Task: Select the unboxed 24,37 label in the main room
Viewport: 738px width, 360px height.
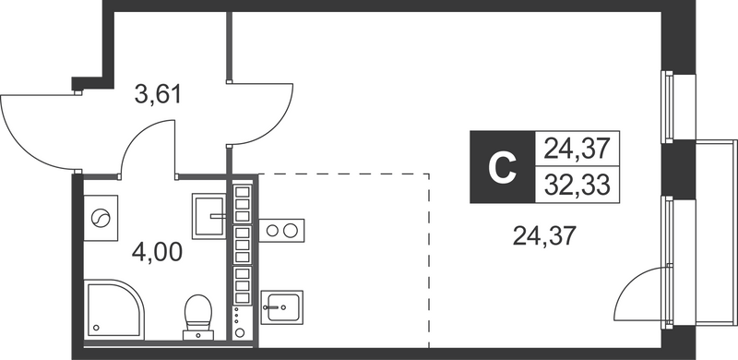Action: [x=544, y=237]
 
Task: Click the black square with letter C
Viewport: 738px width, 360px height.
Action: [x=501, y=166]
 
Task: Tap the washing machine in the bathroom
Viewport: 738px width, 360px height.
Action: [x=101, y=219]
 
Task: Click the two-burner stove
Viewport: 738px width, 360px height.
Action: [x=281, y=230]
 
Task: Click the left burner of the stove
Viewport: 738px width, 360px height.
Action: [x=273, y=230]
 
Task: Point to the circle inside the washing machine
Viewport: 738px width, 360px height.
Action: [x=101, y=219]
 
